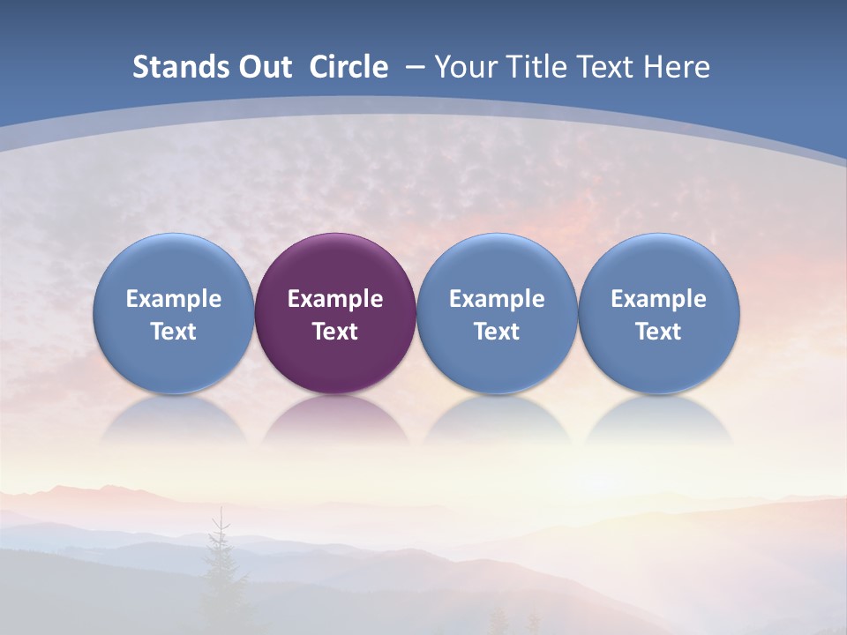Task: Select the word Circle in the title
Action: pos(349,67)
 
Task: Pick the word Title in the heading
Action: pos(538,67)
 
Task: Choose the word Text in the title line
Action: pos(608,67)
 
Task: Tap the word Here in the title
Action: pos(677,67)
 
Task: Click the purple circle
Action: pos(335,313)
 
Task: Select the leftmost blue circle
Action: pos(174,313)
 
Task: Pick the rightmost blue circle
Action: pos(659,313)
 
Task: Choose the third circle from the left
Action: pos(497,313)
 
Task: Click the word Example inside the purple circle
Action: pos(335,299)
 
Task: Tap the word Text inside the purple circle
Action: pos(335,332)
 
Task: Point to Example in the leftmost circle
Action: pos(174,299)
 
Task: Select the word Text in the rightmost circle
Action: pos(659,332)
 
